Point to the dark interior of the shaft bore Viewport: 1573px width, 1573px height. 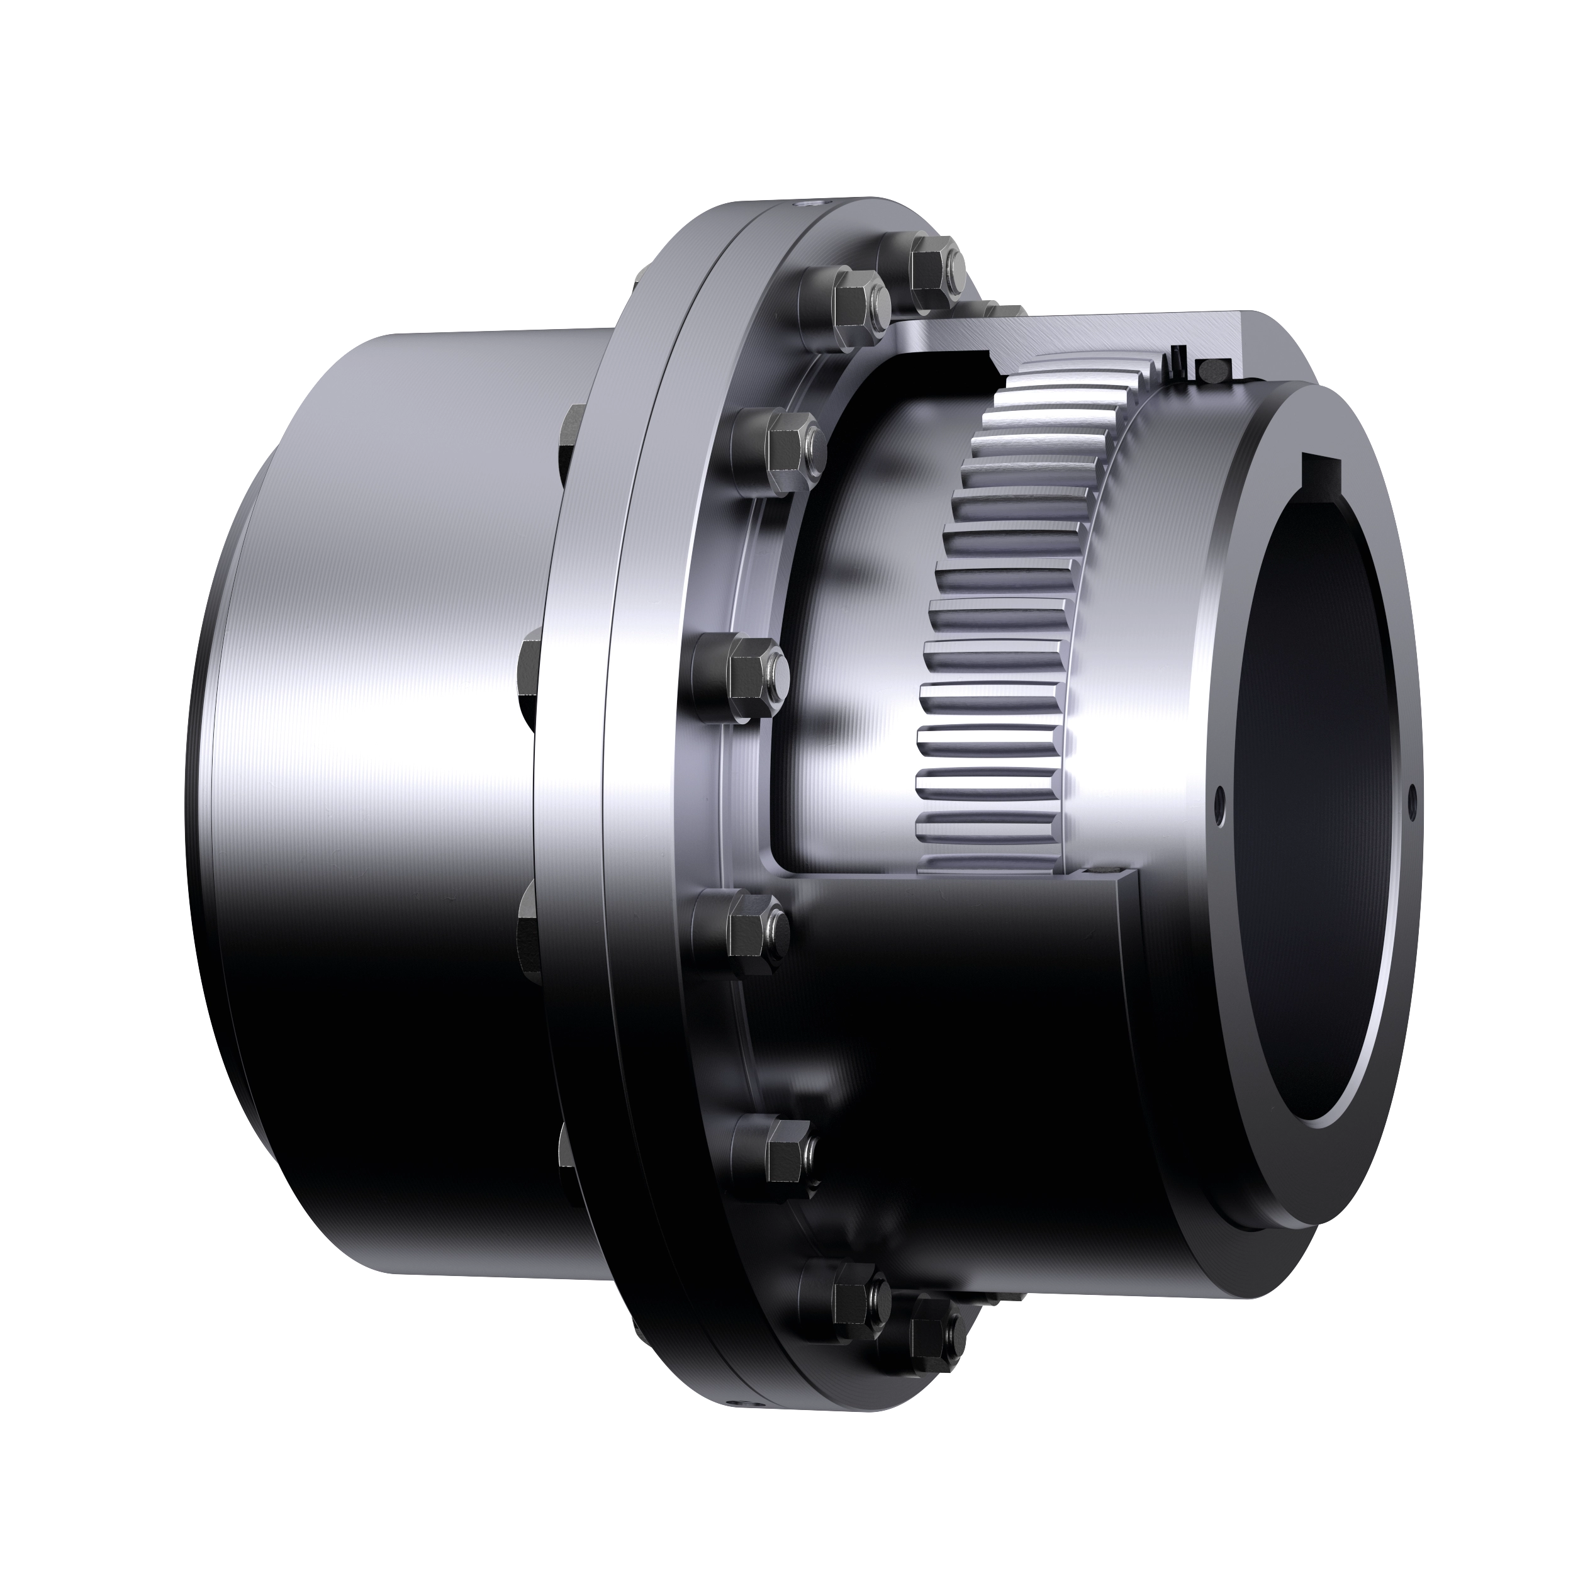pos(1319,814)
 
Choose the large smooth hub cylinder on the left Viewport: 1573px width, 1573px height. pos(391,773)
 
